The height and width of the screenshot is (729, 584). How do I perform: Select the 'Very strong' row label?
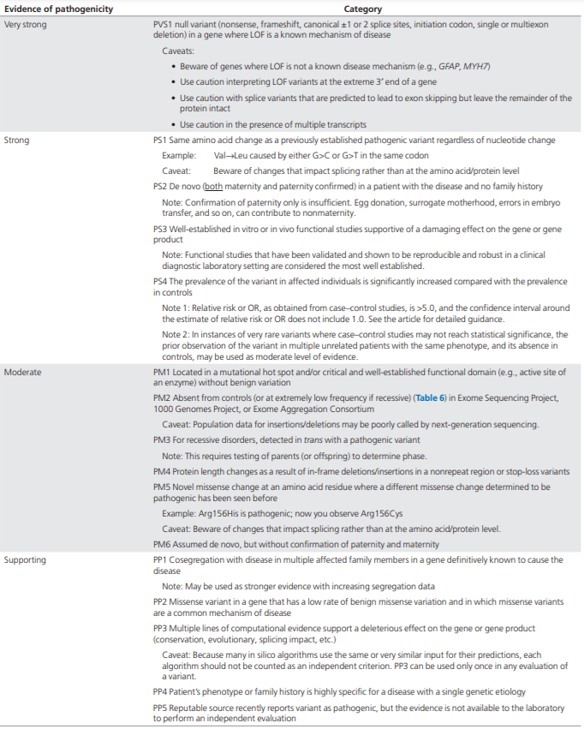pyautogui.click(x=26, y=25)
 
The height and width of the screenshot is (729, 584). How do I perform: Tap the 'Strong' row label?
pyautogui.click(x=17, y=140)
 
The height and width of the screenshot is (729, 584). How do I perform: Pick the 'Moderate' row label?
pyautogui.click(x=23, y=373)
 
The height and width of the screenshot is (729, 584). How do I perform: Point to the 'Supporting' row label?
pyautogui.click(x=27, y=559)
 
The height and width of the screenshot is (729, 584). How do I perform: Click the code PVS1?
pyautogui.click(x=154, y=25)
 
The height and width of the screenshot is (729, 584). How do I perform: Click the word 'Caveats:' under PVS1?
pyautogui.click(x=179, y=51)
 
